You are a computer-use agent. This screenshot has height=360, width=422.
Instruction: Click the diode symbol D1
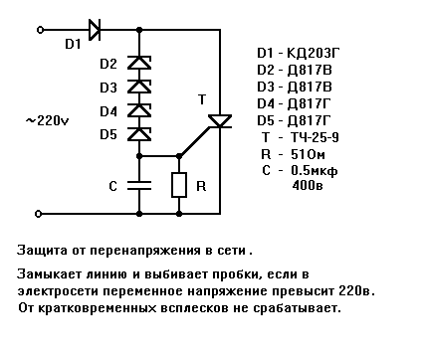pos(95,30)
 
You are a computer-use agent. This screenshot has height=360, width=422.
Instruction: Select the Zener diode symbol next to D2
pos(139,63)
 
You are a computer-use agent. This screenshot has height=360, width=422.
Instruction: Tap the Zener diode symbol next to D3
pos(139,87)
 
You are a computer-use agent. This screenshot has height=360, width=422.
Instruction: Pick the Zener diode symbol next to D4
pos(139,110)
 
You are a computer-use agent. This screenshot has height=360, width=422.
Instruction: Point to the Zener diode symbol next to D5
pos(139,134)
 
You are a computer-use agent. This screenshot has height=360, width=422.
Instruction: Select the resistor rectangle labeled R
pos(179,185)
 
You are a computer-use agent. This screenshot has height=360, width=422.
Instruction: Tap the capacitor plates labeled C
pos(139,186)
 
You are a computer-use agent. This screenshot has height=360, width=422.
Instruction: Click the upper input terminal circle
pos(40,30)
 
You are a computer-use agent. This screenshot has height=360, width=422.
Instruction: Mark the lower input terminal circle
pos(39,214)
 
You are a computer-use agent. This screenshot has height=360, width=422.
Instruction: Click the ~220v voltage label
pos(48,120)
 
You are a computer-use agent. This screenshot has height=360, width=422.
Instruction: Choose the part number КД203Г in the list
pos(314,53)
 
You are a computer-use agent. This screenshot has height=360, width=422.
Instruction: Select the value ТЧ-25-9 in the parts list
pos(315,137)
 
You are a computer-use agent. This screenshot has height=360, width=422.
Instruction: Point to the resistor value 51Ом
pos(308,154)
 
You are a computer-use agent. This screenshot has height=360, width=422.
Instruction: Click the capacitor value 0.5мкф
pos(315,171)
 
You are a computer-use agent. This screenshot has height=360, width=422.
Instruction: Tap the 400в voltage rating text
pos(308,185)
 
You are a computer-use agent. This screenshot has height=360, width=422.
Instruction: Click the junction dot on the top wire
pos(139,30)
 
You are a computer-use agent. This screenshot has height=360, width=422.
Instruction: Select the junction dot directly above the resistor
pos(179,156)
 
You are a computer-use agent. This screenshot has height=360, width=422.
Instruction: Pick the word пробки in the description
pos(234,275)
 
